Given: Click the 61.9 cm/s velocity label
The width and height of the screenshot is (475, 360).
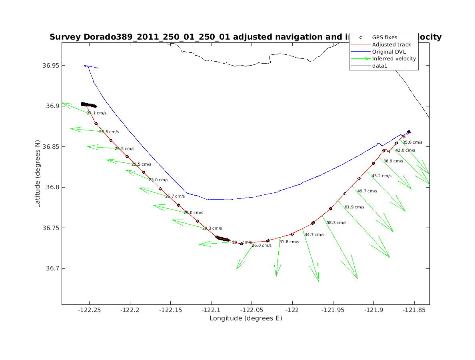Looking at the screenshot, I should (355, 207).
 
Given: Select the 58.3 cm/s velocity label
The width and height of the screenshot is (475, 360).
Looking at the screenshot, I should (336, 223).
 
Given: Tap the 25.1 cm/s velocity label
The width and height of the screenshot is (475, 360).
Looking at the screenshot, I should (96, 113).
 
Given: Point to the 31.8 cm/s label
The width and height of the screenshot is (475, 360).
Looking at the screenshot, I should (289, 242).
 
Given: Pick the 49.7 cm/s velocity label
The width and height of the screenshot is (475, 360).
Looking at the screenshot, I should (367, 191).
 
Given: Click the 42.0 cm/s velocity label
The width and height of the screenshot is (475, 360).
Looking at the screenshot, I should (405, 150).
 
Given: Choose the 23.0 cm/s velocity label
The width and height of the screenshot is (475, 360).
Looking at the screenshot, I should (158, 180).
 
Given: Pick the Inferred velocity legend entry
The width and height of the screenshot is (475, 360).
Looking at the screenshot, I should (394, 59).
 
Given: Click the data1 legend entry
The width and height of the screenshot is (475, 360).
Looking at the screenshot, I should (380, 66).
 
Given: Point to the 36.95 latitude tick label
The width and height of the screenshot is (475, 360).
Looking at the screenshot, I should (50, 66).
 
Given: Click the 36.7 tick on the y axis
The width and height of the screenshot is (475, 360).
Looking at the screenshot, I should (52, 268).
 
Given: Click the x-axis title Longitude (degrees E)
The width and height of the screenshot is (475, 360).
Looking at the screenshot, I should (245, 318).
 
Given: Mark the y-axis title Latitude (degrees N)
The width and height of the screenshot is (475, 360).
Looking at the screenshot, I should (38, 173).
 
